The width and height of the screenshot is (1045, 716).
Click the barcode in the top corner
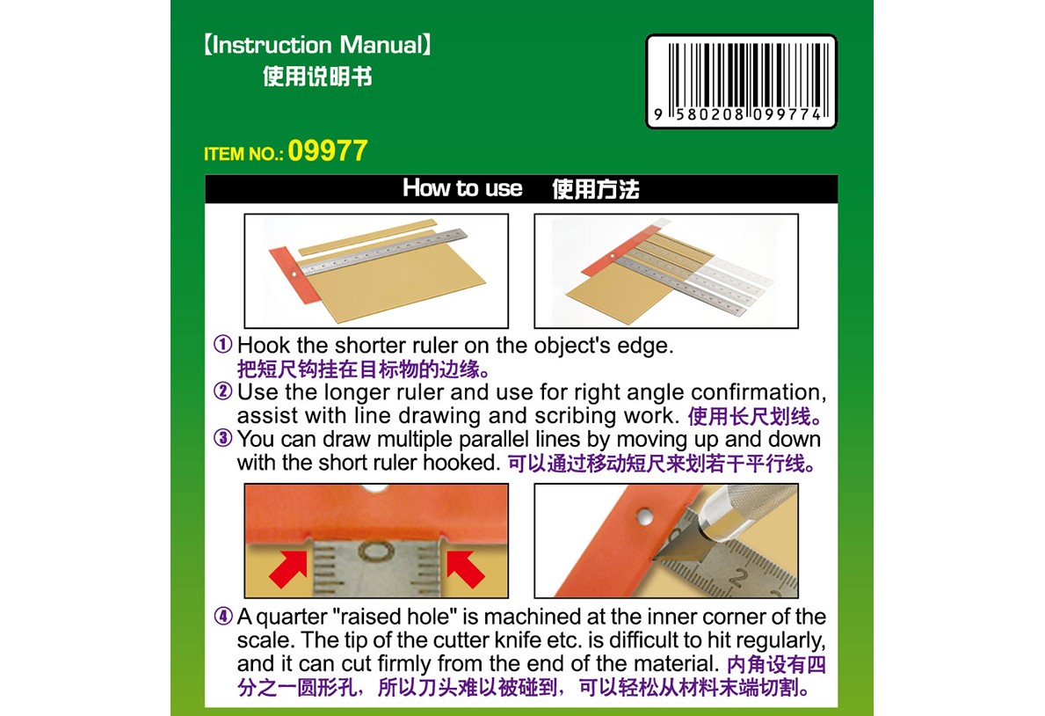point(741,82)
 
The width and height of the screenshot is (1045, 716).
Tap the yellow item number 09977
point(327,150)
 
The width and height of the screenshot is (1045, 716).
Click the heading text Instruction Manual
point(317,45)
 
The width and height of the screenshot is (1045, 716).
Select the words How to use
point(461,188)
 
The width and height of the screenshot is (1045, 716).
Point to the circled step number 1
point(222,344)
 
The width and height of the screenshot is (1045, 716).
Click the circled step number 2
point(222,391)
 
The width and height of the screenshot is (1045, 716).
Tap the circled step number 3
point(222,438)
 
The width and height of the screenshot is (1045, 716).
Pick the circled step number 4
point(222,615)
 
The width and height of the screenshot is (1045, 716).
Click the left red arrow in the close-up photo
point(288,568)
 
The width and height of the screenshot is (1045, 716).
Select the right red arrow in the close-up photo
point(465,568)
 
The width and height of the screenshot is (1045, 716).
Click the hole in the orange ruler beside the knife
point(644,515)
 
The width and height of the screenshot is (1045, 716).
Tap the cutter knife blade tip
point(655,557)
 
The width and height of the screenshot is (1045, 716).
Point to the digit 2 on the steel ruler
point(737,576)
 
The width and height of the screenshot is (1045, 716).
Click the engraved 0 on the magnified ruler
point(376,552)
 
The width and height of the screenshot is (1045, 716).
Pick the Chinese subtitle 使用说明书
point(317,76)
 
